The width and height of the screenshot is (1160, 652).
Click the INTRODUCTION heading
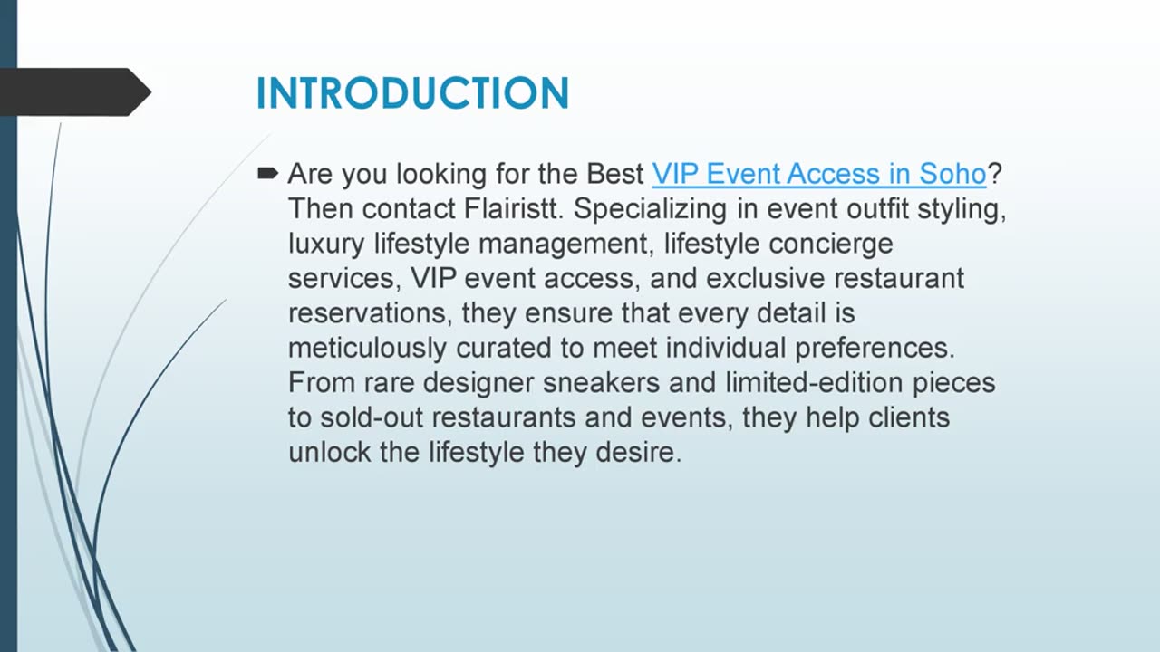tap(412, 93)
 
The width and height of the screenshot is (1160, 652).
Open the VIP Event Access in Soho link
tap(818, 174)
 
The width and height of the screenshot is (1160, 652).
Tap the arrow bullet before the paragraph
tap(267, 173)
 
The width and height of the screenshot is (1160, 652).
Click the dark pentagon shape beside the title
tap(75, 92)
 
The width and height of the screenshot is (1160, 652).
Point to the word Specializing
tap(651, 209)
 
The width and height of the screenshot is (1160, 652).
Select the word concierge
tap(831, 244)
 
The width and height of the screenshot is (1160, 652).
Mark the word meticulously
tap(367, 349)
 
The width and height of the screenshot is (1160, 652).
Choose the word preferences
tap(875, 349)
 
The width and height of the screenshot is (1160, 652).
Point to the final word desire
tap(639, 452)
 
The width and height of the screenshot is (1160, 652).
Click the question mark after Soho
tap(994, 174)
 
